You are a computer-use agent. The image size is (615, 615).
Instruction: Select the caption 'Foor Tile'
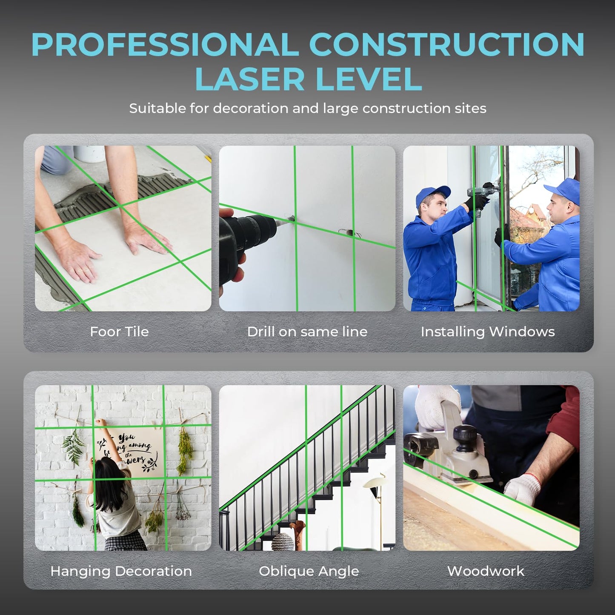[119, 332]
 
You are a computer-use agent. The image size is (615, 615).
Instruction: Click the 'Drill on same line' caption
[307, 332]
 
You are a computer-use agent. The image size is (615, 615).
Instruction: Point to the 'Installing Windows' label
[488, 332]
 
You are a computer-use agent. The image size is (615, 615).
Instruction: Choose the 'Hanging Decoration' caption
[121, 571]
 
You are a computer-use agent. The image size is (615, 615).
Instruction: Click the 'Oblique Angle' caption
[309, 571]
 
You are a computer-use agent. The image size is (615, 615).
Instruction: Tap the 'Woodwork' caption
[486, 571]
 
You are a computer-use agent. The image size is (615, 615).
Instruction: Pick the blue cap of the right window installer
[564, 189]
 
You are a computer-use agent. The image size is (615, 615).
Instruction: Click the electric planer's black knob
[465, 436]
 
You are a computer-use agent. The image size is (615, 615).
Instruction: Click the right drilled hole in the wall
[349, 232]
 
